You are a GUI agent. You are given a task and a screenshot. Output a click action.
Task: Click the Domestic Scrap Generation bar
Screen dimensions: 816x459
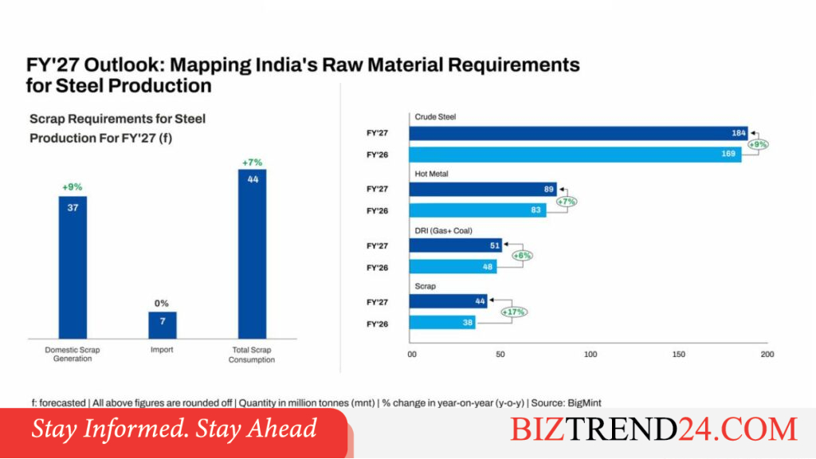click(x=73, y=268)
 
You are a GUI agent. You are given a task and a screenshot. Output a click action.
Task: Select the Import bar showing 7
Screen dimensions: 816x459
click(x=163, y=325)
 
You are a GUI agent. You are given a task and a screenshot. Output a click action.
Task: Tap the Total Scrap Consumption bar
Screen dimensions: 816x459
click(x=253, y=254)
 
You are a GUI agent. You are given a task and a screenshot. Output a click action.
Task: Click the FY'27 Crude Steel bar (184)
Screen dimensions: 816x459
click(x=579, y=133)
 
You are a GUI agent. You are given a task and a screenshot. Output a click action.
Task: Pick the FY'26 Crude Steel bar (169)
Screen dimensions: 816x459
click(x=575, y=155)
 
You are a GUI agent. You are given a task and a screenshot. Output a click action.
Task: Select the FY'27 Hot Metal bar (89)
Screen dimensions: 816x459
click(x=483, y=190)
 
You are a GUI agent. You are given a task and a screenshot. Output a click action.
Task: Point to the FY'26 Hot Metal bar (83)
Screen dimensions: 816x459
click(x=478, y=210)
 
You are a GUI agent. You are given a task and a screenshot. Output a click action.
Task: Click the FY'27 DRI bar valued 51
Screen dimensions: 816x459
click(x=455, y=245)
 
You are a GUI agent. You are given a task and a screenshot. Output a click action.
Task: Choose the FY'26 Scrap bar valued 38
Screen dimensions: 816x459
click(x=441, y=323)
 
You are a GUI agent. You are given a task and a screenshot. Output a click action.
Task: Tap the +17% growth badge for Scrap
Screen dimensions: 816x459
click(x=514, y=312)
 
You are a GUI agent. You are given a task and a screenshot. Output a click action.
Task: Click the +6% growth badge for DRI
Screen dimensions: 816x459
click(x=522, y=256)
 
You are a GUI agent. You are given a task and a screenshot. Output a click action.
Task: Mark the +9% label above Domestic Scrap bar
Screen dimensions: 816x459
click(x=73, y=186)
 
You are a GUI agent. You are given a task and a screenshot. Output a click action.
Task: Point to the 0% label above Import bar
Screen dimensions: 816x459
click(x=161, y=304)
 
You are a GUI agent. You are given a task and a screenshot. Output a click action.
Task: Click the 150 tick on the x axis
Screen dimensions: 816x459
click(x=679, y=355)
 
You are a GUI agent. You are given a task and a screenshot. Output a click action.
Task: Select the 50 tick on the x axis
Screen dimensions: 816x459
click(x=500, y=355)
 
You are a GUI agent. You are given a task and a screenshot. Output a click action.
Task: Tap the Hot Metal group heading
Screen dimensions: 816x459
click(x=431, y=174)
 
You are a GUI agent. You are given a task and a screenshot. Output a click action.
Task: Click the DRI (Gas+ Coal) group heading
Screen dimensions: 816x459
click(x=443, y=230)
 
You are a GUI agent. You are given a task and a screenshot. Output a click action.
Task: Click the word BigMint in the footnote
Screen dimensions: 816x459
click(x=584, y=402)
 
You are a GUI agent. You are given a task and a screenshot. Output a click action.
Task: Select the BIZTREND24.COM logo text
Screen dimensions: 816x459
click(x=653, y=430)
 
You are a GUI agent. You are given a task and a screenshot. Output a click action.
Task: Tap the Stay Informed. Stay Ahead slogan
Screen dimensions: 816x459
click(x=174, y=429)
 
